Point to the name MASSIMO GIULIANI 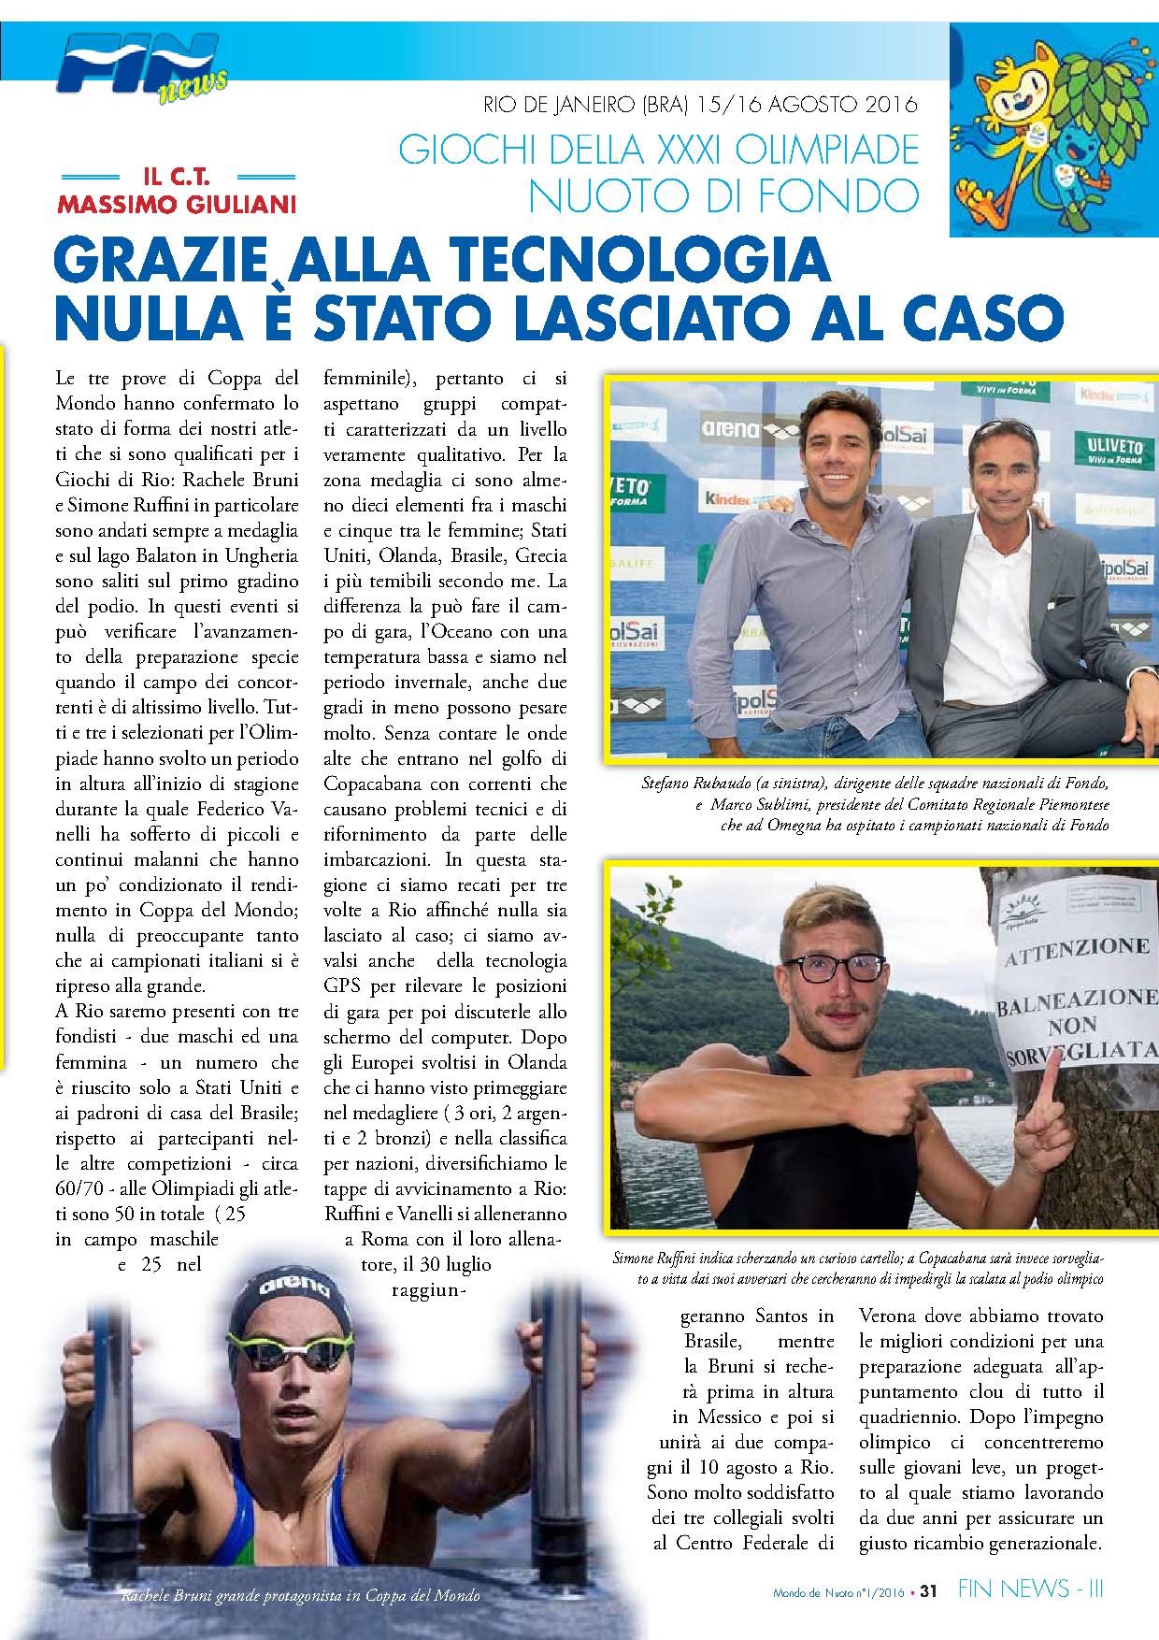177,202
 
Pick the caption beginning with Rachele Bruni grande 299,1595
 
